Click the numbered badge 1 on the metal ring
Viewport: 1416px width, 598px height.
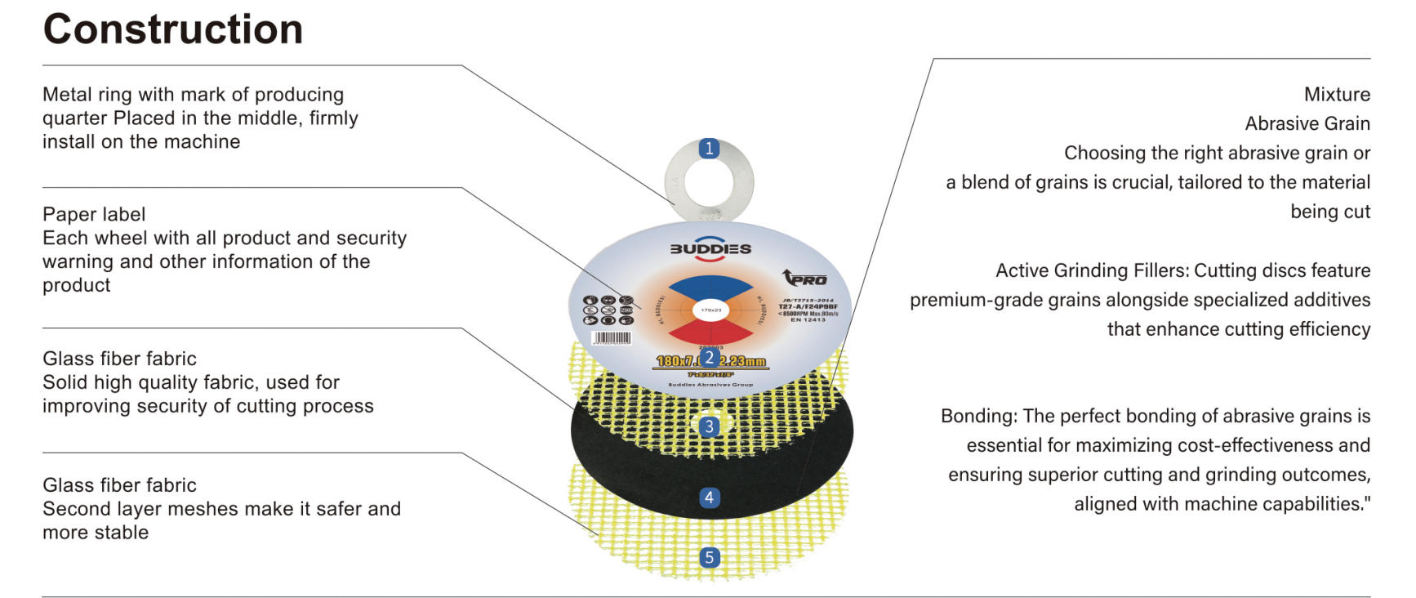point(709,149)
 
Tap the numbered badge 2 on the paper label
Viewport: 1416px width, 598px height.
point(709,357)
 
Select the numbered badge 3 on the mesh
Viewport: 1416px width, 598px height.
point(709,426)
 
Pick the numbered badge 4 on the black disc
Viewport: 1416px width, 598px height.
point(709,498)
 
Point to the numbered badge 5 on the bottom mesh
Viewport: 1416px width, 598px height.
point(709,558)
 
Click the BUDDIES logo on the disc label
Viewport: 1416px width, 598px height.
point(710,248)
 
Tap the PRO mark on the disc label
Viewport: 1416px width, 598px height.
point(805,279)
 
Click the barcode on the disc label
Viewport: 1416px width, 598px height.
point(611,337)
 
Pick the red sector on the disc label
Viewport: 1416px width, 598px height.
point(710,331)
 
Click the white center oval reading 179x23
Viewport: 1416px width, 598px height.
point(711,310)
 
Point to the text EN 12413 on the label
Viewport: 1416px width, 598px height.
point(808,319)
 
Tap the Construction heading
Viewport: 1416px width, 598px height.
point(173,29)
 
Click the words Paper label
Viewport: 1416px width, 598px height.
point(94,214)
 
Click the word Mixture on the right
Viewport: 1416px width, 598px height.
point(1337,94)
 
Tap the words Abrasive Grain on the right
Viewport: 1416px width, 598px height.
point(1307,123)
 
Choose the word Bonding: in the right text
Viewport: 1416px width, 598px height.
point(979,416)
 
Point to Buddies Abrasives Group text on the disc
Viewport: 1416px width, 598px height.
point(710,384)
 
